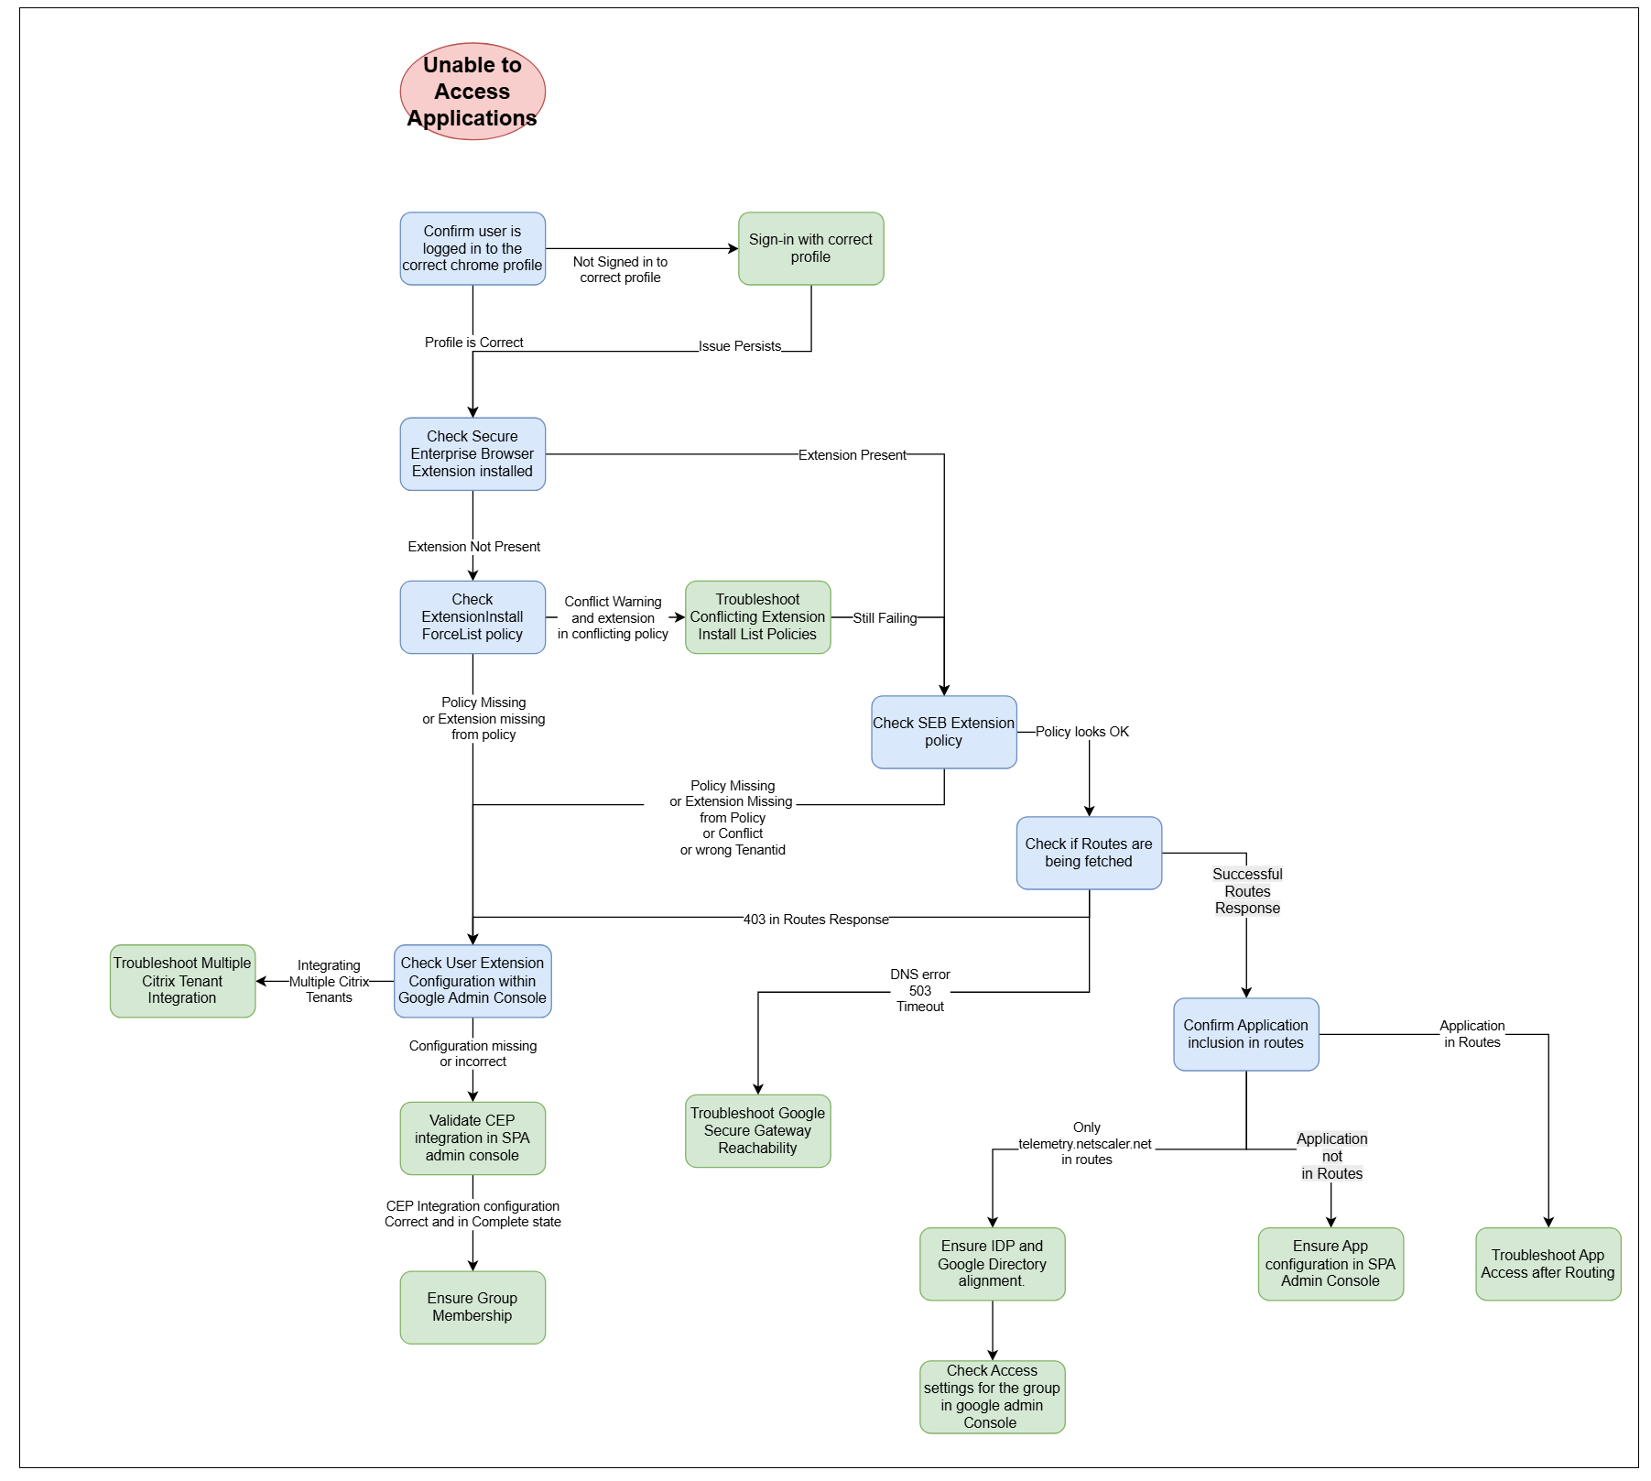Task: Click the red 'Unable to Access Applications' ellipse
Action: [x=472, y=92]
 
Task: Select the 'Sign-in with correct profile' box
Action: [x=810, y=248]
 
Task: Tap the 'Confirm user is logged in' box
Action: [x=472, y=248]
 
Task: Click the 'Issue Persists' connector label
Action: [x=739, y=346]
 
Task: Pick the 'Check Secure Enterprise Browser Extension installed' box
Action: [x=472, y=453]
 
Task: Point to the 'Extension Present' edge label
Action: [x=852, y=455]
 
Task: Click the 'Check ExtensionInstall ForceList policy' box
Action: [x=472, y=616]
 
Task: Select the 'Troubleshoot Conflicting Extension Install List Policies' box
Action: [x=757, y=616]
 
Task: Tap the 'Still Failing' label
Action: [x=885, y=618]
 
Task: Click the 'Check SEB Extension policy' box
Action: [x=943, y=732]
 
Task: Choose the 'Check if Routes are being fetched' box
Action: [x=1089, y=853]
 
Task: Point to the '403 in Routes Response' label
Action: [x=815, y=920]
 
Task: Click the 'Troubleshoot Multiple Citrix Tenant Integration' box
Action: [x=182, y=981]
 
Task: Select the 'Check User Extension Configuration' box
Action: [x=472, y=981]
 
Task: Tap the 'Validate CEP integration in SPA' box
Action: [x=472, y=1138]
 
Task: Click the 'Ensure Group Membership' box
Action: [x=472, y=1307]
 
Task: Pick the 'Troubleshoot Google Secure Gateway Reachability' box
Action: [x=757, y=1130]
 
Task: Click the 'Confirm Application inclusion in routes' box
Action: [x=1245, y=1034]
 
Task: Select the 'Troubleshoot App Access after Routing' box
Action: [x=1548, y=1264]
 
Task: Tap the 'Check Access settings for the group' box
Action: [x=992, y=1397]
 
